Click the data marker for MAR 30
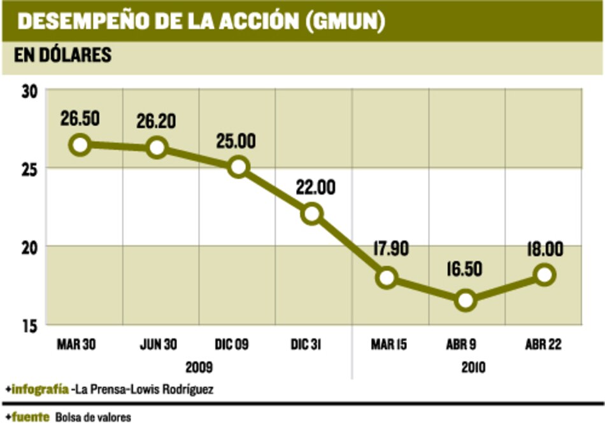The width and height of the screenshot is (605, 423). (80, 144)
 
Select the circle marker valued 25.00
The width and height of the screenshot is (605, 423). (238, 167)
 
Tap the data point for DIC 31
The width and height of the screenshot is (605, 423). (312, 213)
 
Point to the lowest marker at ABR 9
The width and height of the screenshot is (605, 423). (466, 300)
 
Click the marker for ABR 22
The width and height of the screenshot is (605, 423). (545, 275)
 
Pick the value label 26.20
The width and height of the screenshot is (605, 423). (157, 120)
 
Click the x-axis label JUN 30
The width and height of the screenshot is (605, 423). (159, 345)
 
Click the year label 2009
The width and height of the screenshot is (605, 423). (199, 367)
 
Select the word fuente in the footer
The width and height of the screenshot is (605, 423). (31, 417)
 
